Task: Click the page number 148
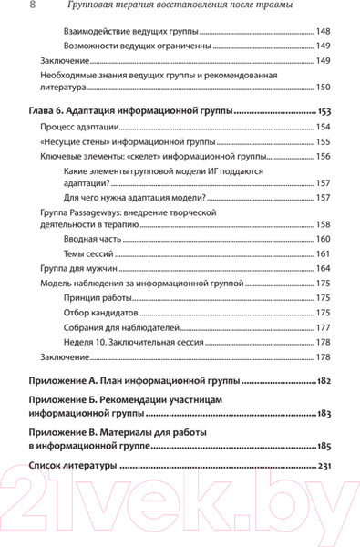323,31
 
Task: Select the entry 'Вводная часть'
95,238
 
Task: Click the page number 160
323,238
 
